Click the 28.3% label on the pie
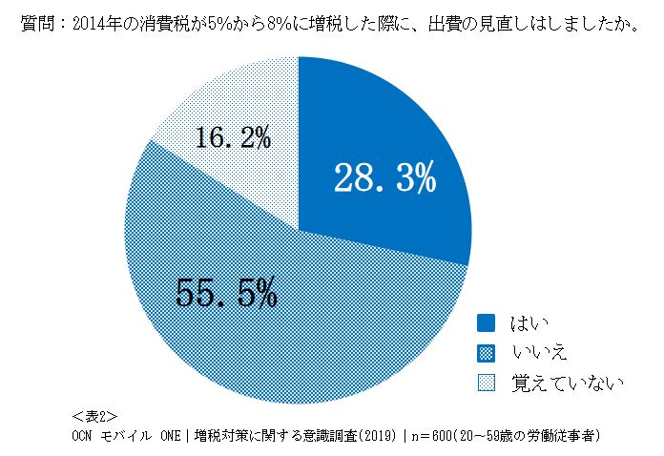384,178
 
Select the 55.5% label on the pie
226,293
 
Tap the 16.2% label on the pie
233,139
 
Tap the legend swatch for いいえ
486,354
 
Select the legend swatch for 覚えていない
486,383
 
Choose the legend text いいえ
540,354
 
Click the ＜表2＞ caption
94,416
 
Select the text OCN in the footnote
84,435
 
